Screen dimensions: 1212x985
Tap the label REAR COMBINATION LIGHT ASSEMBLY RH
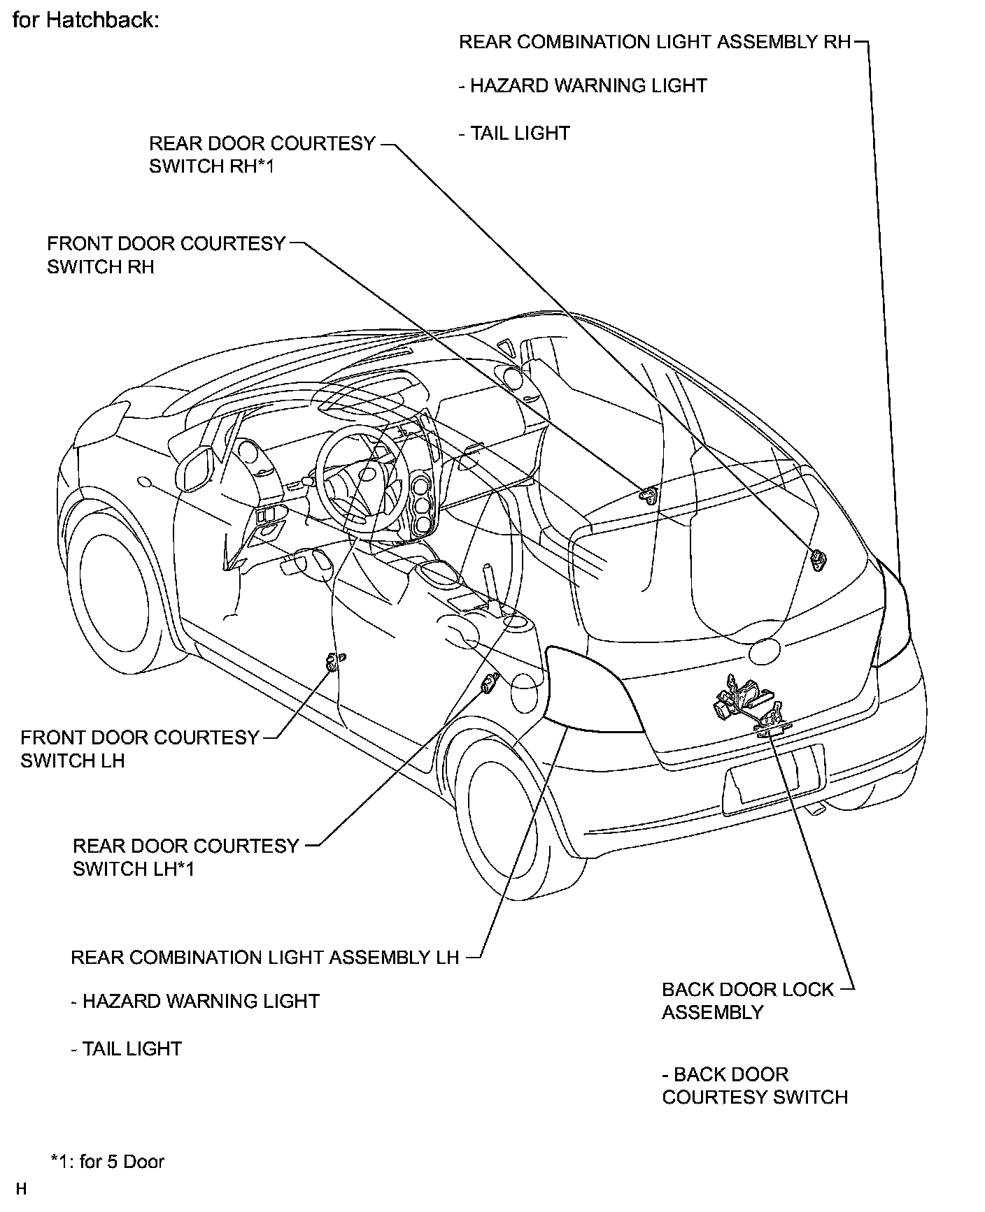[x=654, y=42]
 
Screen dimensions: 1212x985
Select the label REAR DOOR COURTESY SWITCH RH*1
[x=262, y=154]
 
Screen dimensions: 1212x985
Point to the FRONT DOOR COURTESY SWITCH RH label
[x=166, y=255]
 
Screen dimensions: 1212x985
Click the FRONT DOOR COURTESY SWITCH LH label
[x=139, y=749]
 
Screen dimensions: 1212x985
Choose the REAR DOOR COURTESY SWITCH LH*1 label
[x=185, y=857]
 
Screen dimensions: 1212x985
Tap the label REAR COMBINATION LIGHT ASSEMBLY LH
[x=264, y=957]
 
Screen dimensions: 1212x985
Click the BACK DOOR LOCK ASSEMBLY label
[x=747, y=1000]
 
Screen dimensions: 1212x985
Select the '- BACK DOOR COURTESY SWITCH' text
[x=754, y=1085]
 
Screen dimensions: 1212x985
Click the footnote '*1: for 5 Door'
[x=107, y=1162]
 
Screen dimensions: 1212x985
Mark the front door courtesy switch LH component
[x=334, y=661]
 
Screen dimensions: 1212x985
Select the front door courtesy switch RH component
[x=649, y=495]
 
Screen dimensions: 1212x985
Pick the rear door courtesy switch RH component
[x=818, y=538]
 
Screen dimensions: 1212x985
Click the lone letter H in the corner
[x=21, y=1189]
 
